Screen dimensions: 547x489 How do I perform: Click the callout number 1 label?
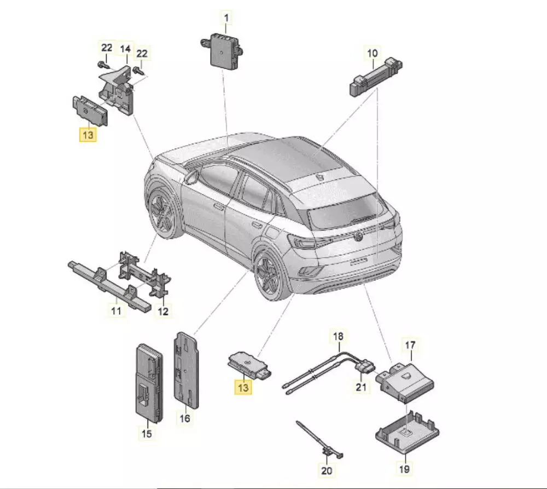click(x=226, y=18)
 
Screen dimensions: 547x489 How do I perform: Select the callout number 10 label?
click(x=372, y=53)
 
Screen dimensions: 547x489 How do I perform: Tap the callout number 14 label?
click(x=125, y=49)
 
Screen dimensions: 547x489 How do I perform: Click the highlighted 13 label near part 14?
click(x=88, y=135)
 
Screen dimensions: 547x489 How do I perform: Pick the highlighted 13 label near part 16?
click(x=243, y=387)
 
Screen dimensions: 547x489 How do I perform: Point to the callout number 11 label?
click(x=116, y=310)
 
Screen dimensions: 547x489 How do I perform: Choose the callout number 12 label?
click(x=163, y=311)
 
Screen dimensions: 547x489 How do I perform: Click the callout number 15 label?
click(x=147, y=434)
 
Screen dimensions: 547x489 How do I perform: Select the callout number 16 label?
click(x=184, y=418)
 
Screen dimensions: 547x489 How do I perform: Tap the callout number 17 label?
click(x=410, y=345)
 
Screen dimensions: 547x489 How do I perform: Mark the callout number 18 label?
click(x=338, y=336)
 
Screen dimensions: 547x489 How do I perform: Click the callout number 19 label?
click(x=404, y=469)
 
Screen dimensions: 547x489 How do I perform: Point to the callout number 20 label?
click(x=327, y=470)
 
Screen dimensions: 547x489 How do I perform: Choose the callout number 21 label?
click(x=361, y=387)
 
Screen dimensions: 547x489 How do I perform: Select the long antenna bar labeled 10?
click(x=376, y=78)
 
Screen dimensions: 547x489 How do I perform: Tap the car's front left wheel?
click(x=164, y=213)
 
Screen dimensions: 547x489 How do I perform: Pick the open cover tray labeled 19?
click(x=407, y=433)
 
